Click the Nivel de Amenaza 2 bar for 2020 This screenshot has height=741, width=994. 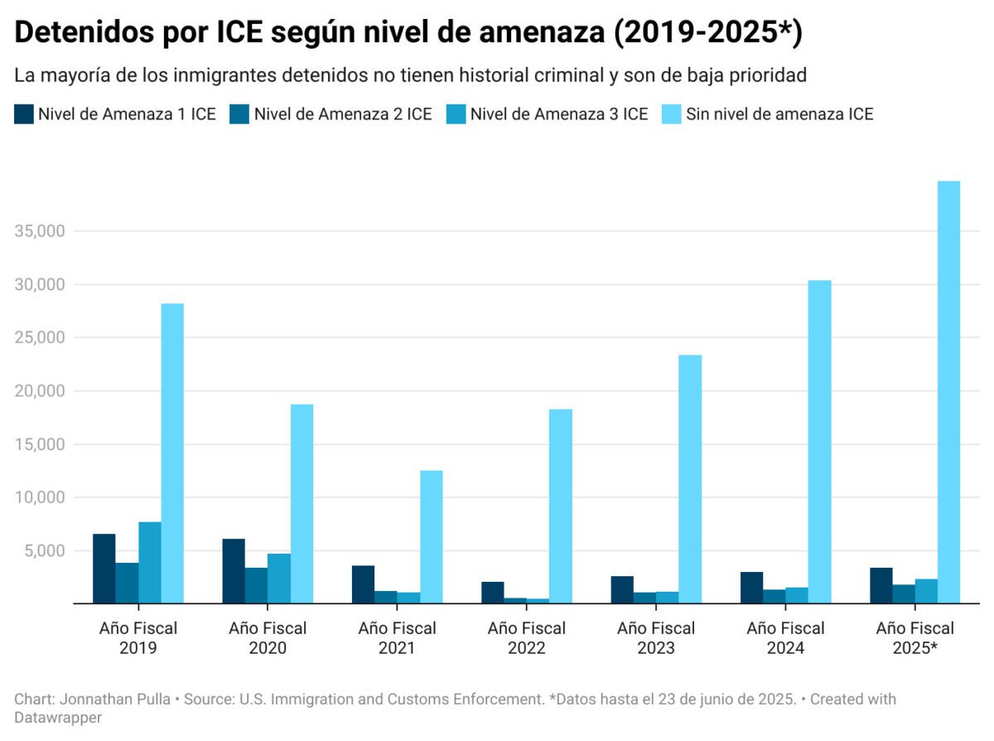[256, 585]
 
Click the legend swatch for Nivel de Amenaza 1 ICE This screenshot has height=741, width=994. [23, 114]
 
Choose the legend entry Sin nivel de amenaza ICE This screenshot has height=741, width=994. [779, 114]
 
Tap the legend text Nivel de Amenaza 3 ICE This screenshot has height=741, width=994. [558, 114]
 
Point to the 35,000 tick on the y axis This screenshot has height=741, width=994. [40, 231]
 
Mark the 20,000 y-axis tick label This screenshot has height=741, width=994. [40, 391]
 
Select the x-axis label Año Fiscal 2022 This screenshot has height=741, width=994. [526, 638]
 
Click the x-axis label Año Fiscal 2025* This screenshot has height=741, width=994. [914, 638]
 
